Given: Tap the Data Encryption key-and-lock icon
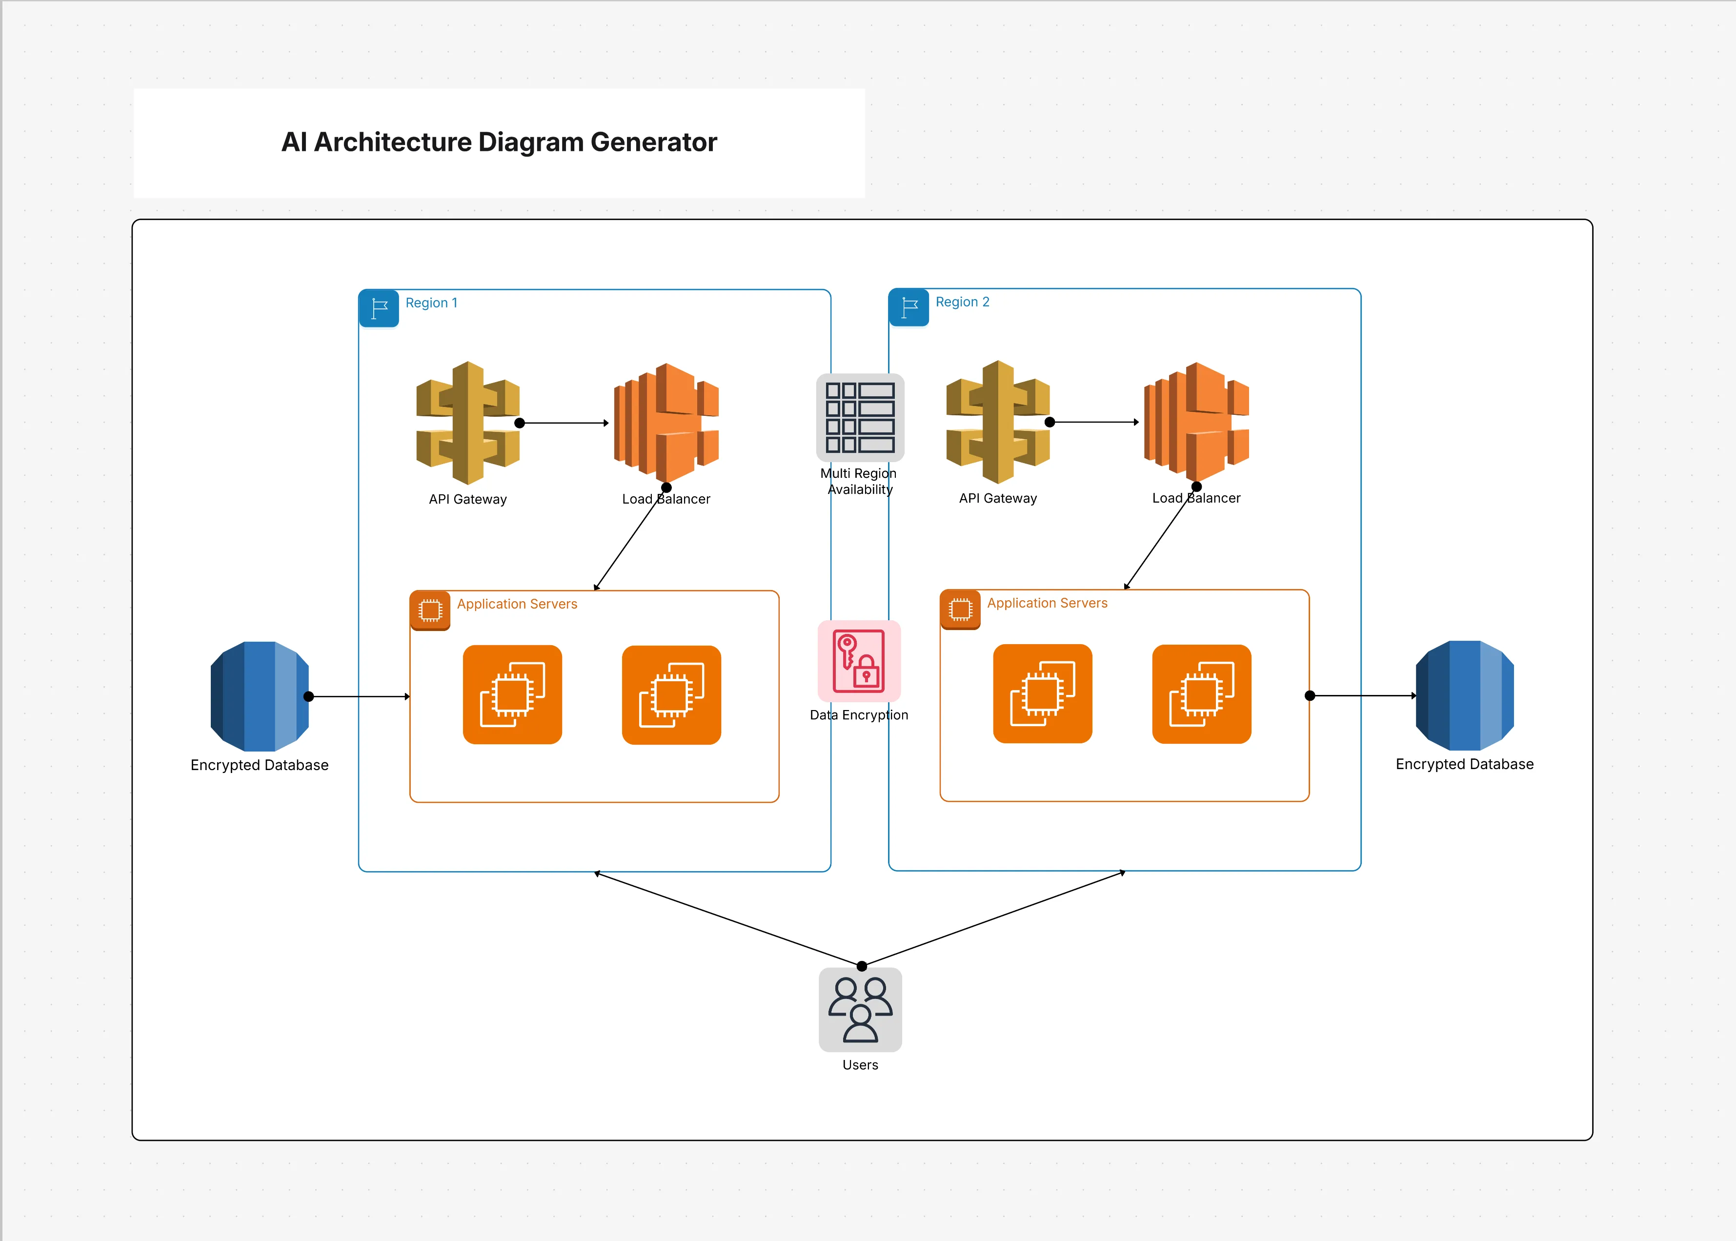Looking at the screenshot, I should click(x=859, y=661).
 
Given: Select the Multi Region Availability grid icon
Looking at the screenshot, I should click(x=860, y=417).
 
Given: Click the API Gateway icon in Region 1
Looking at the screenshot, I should click(x=467, y=423).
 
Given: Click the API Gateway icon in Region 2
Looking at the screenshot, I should click(x=997, y=422).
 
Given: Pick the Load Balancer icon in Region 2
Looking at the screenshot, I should click(x=1196, y=422).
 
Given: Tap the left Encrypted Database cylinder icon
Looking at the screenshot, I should click(x=259, y=696).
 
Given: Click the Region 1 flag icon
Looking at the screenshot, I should click(x=379, y=308).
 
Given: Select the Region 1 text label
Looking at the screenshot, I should click(x=431, y=303).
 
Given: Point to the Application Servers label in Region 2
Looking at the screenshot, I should click(x=1047, y=603).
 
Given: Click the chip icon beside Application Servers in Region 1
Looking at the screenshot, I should click(x=430, y=610).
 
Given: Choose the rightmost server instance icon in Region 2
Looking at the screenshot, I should click(x=1201, y=694).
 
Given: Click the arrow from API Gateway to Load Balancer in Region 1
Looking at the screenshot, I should click(x=564, y=423).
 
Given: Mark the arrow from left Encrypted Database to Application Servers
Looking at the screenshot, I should click(x=359, y=696).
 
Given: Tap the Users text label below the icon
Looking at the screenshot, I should click(x=860, y=1064).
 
